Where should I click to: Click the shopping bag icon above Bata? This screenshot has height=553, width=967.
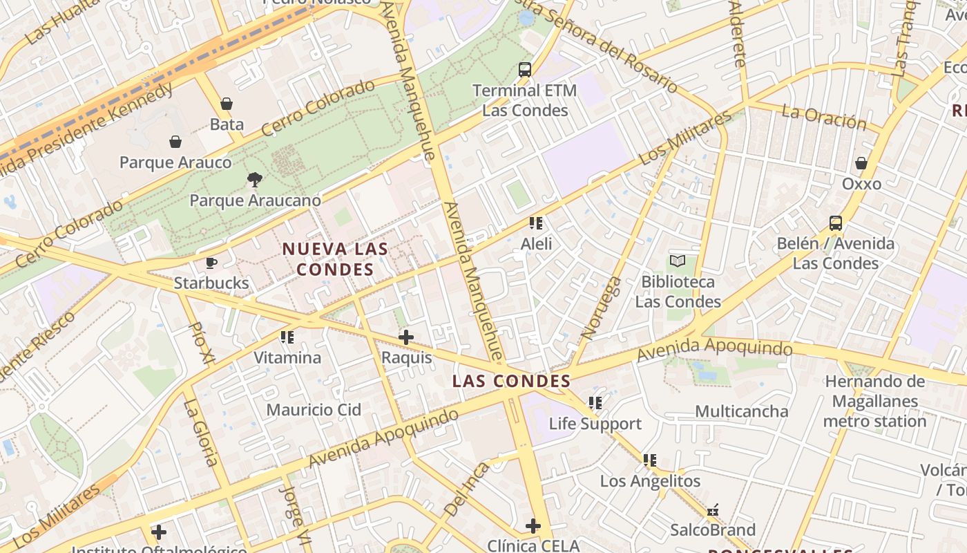click(227, 104)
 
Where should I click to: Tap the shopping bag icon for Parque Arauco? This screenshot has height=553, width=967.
click(175, 142)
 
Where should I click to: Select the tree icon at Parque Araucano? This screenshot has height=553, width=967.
click(255, 180)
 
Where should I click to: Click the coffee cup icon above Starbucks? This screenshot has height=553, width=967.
click(211, 263)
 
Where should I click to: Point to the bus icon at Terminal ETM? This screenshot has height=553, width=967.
click(525, 70)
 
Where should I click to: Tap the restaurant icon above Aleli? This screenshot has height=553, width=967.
click(536, 223)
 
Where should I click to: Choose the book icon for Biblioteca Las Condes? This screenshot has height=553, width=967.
click(678, 261)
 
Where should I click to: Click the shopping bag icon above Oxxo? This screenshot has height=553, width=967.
click(861, 163)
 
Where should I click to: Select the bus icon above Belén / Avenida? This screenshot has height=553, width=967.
click(836, 223)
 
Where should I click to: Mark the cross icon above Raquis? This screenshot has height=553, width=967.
click(406, 337)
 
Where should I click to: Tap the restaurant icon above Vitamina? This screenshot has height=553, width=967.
click(287, 337)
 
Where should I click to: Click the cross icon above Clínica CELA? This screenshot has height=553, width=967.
click(533, 526)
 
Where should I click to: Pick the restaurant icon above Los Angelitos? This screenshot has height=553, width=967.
click(650, 460)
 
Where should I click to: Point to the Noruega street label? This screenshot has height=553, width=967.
click(601, 308)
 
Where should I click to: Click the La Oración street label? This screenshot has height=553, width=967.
click(823, 118)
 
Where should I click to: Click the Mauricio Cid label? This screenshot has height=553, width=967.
click(314, 410)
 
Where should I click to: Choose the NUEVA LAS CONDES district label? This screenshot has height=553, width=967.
click(335, 259)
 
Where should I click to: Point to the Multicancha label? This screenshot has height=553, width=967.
click(741, 412)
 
